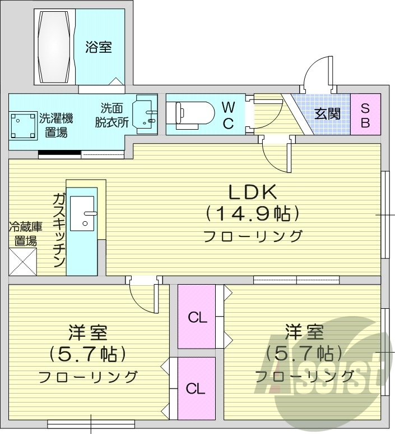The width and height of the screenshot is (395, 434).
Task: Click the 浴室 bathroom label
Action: [x=98, y=47]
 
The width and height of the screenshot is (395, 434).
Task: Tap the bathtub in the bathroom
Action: [x=55, y=47]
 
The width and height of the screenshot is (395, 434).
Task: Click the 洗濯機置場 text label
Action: [x=55, y=125]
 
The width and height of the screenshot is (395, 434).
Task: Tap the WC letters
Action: [x=228, y=115]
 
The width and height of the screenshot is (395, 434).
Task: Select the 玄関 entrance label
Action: [x=327, y=113]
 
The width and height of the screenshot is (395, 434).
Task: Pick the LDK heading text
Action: [x=252, y=192]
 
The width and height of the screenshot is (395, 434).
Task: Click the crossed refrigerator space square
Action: [x=23, y=261]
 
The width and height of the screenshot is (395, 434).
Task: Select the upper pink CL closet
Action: [x=197, y=317]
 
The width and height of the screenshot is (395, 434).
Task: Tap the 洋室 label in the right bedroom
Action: [x=304, y=331]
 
